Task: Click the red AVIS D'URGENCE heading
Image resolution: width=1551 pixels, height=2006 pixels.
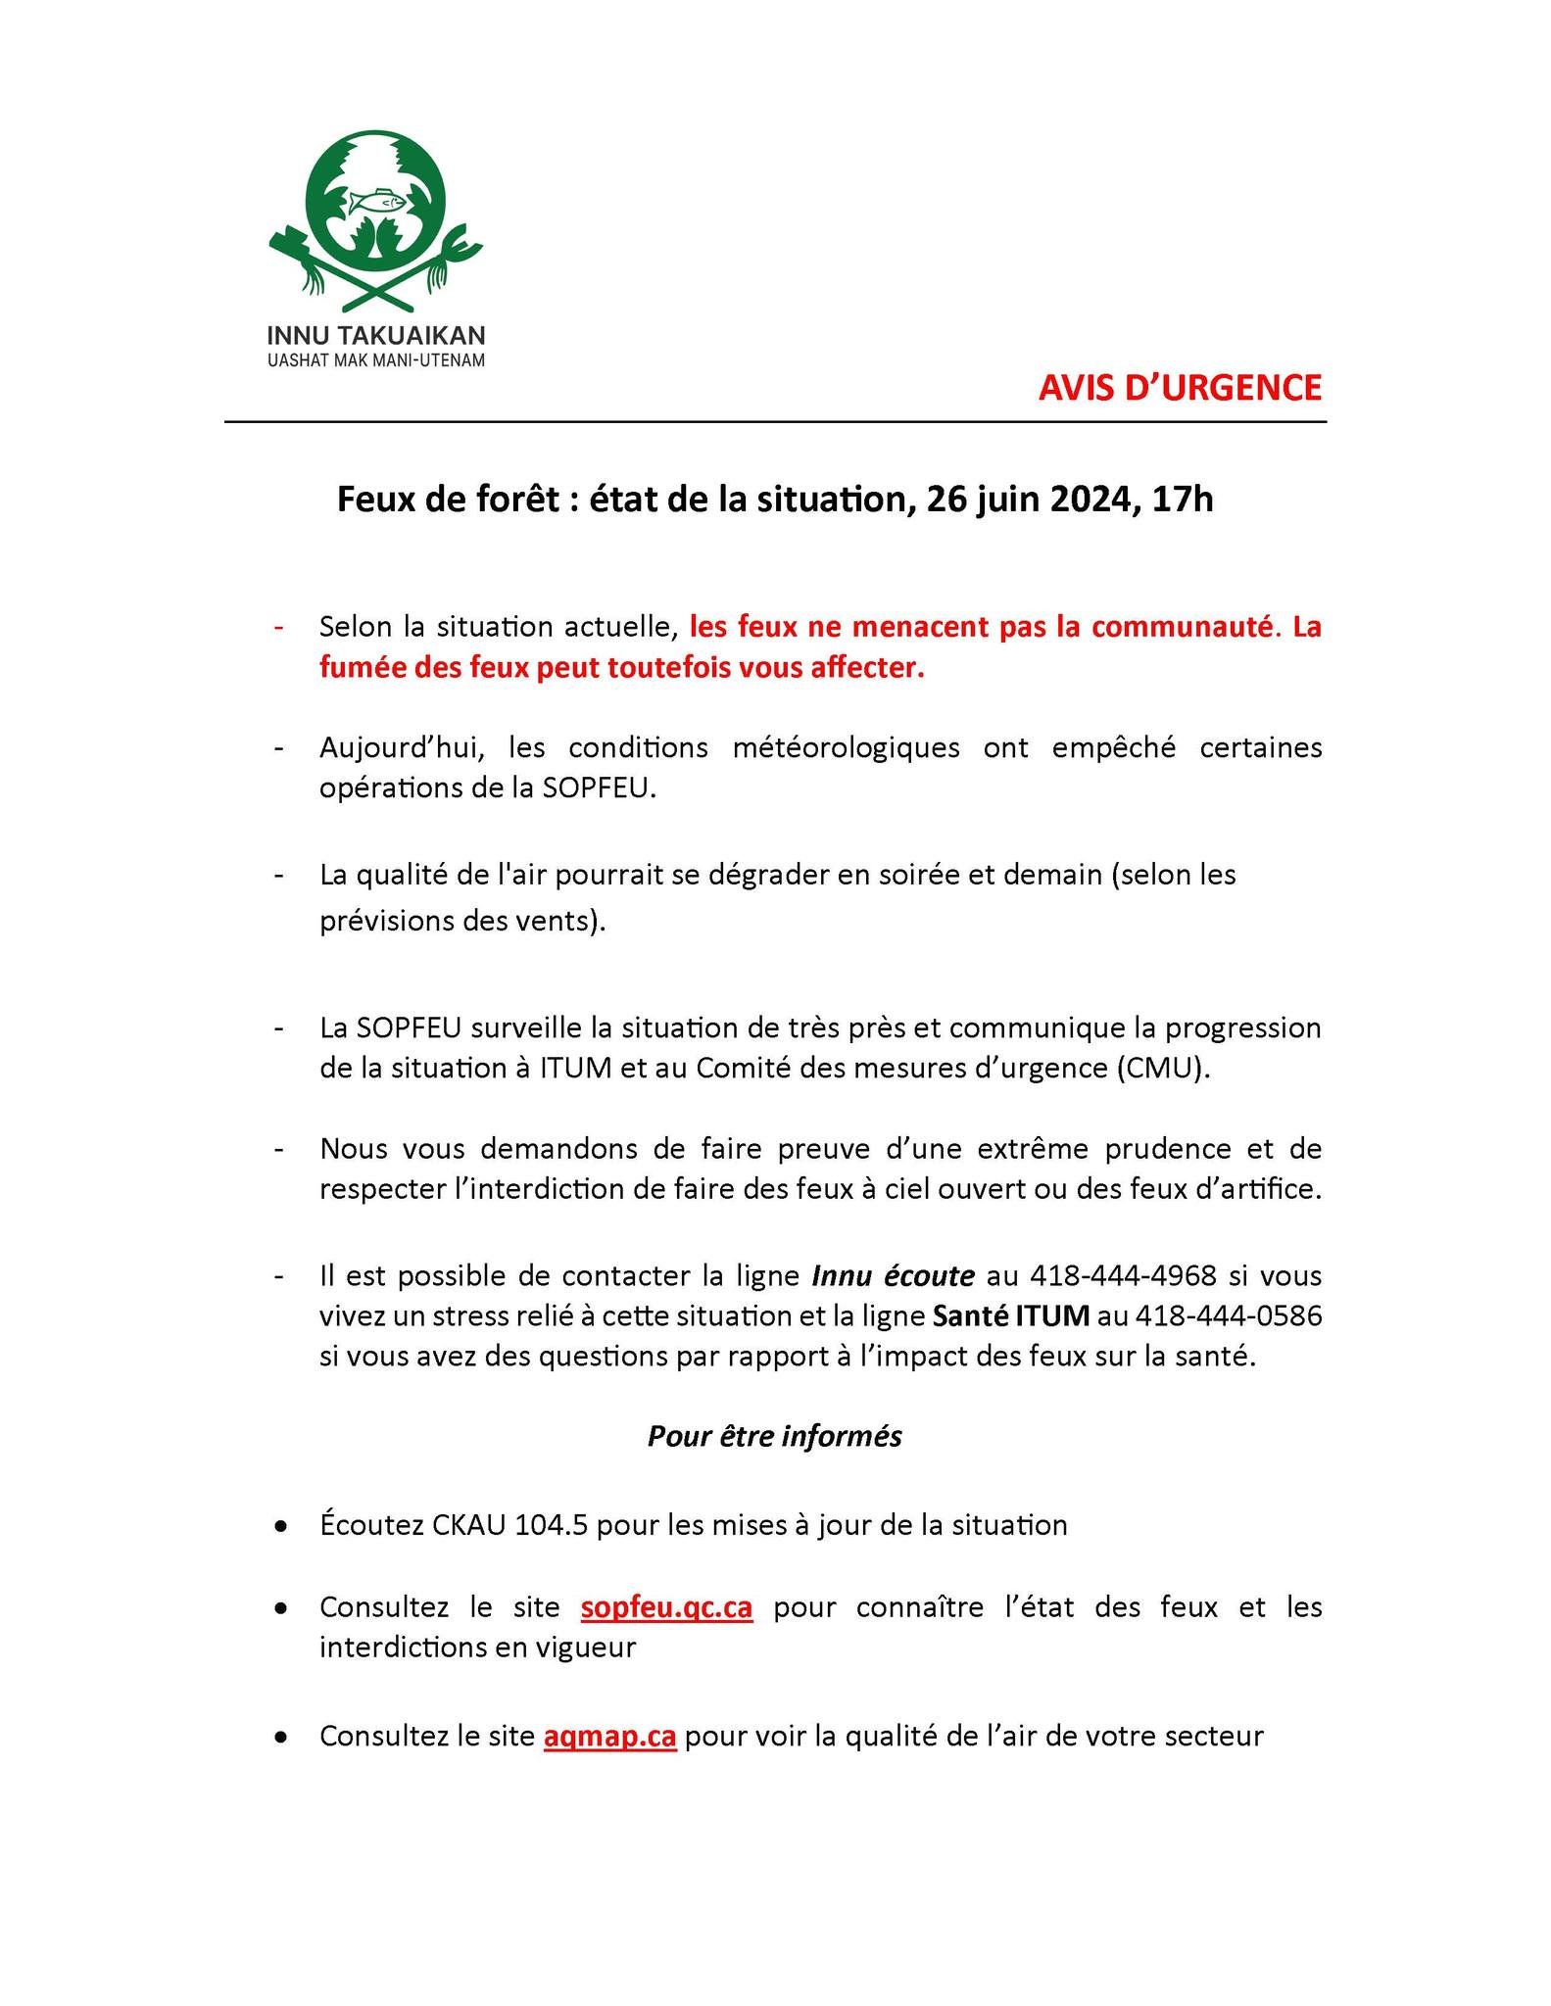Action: click(x=1180, y=388)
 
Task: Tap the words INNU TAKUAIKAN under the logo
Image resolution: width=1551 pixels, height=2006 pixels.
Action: click(x=376, y=337)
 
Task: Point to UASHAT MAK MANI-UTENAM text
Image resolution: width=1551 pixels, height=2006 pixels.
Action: click(x=376, y=361)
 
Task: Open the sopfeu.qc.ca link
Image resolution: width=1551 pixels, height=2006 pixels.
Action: click(x=666, y=1608)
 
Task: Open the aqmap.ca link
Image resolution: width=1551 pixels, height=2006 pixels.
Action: click(x=609, y=1737)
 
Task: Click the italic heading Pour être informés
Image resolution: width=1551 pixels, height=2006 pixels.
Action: click(x=774, y=1436)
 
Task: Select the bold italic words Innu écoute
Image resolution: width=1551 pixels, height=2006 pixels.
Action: click(x=893, y=1276)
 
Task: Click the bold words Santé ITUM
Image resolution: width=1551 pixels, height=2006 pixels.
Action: click(x=1010, y=1316)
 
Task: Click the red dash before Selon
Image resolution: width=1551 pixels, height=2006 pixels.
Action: click(x=280, y=627)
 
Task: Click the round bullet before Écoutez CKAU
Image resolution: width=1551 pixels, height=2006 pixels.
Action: click(x=281, y=1527)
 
